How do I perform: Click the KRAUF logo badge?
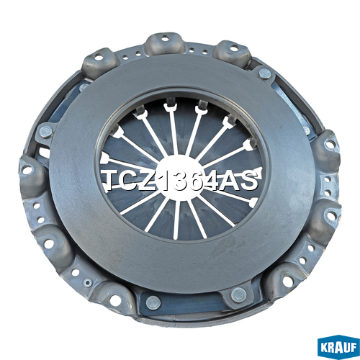pyautogui.click(x=338, y=347)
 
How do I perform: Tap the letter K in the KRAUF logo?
pyautogui.click(x=324, y=348)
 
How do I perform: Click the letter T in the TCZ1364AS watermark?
pyautogui.click(x=113, y=180)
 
